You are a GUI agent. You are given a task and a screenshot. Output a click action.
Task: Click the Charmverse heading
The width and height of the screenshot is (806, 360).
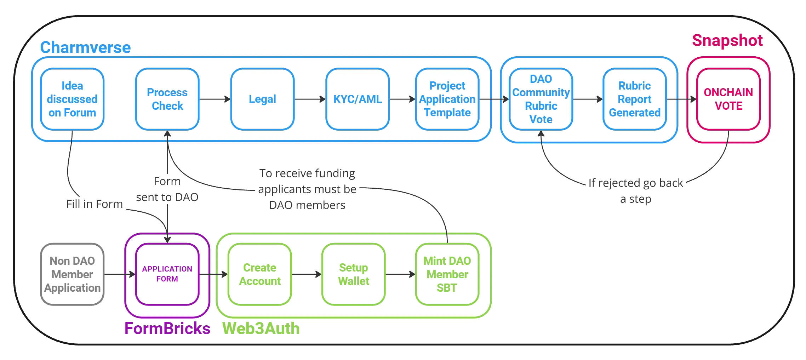click(85, 47)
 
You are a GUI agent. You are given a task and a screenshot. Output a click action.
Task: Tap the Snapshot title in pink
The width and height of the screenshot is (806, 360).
click(727, 41)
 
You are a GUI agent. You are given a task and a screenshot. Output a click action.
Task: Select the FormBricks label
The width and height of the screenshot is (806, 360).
click(167, 328)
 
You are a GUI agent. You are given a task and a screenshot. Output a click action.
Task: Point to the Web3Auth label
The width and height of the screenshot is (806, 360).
click(261, 328)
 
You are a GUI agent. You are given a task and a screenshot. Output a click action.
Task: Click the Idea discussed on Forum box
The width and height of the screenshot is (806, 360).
click(72, 99)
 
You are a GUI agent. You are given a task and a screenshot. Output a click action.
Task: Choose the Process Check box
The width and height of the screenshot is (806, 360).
click(167, 99)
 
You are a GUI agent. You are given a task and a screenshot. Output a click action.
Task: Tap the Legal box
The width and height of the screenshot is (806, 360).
click(262, 99)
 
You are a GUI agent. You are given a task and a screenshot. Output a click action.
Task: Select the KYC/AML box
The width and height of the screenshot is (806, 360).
click(358, 99)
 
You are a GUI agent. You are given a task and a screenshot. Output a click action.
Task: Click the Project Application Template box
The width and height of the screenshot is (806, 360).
click(447, 99)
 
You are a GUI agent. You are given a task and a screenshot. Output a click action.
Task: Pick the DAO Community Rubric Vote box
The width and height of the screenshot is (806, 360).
click(541, 99)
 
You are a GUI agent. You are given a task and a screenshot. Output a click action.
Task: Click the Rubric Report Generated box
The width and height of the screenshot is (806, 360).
click(634, 99)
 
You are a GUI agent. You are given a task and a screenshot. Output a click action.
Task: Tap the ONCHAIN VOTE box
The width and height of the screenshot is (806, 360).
click(728, 99)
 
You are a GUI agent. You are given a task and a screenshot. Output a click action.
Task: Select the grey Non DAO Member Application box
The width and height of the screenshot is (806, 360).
click(72, 274)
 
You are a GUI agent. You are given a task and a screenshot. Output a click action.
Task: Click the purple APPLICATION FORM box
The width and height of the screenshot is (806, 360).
click(167, 274)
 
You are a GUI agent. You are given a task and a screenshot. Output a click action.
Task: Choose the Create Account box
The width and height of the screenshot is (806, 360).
click(259, 274)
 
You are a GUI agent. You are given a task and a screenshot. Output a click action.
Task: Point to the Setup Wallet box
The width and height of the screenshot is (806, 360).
click(353, 274)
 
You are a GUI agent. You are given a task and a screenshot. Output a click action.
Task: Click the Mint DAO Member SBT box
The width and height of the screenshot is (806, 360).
click(447, 274)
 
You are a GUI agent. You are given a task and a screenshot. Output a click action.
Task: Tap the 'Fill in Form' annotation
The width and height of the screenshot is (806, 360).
click(95, 204)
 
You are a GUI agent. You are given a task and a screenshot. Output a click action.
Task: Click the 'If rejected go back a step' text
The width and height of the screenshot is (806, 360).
click(636, 191)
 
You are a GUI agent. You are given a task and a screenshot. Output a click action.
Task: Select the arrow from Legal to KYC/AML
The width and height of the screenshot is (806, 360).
click(310, 99)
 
